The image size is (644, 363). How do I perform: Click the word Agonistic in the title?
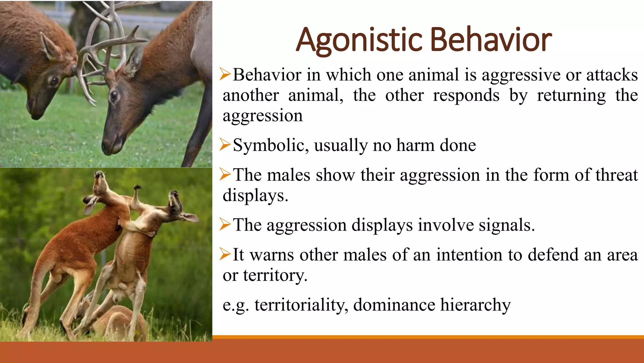[359, 40]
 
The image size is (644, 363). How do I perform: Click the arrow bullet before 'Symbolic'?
[225, 145]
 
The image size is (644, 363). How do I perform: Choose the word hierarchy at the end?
[475, 305]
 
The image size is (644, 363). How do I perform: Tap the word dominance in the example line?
[394, 305]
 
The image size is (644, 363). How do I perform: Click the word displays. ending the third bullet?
[255, 195]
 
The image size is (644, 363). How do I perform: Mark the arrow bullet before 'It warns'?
[225, 254]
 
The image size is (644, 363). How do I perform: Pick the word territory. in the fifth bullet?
[275, 275]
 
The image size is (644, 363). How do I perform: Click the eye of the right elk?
[114, 95]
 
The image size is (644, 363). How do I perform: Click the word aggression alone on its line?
[263, 116]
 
